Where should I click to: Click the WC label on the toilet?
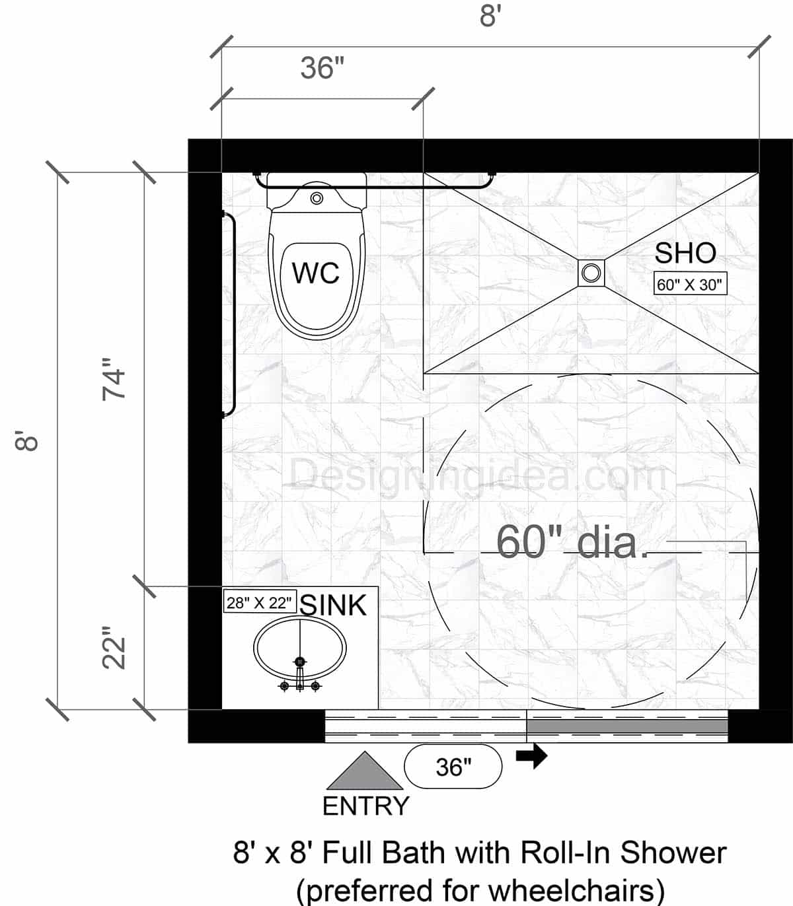(316, 273)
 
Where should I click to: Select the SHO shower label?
(685, 254)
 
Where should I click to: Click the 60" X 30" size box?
(690, 285)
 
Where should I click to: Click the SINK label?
(333, 605)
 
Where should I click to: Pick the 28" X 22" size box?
(259, 602)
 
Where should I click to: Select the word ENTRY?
(365, 806)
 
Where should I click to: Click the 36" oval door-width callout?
(453, 767)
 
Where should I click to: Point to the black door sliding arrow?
(532, 756)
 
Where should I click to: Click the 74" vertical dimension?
(114, 379)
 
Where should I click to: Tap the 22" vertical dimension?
(114, 653)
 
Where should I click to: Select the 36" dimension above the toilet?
(322, 68)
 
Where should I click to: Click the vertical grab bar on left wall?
(231, 314)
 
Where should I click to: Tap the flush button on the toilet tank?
(317, 197)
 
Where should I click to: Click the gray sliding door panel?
(626, 726)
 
